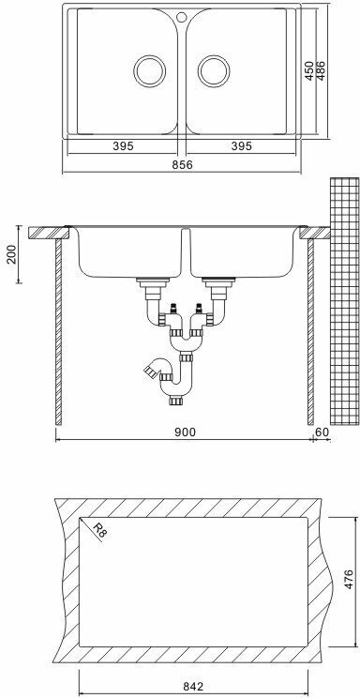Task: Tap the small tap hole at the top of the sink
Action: point(182,18)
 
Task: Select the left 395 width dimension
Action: point(123,146)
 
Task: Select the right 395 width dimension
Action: point(241,146)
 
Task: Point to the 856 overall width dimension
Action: point(183,164)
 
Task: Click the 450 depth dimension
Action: point(309,70)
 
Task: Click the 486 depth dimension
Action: point(321,70)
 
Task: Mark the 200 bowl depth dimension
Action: point(11,254)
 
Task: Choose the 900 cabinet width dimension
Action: point(185,432)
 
